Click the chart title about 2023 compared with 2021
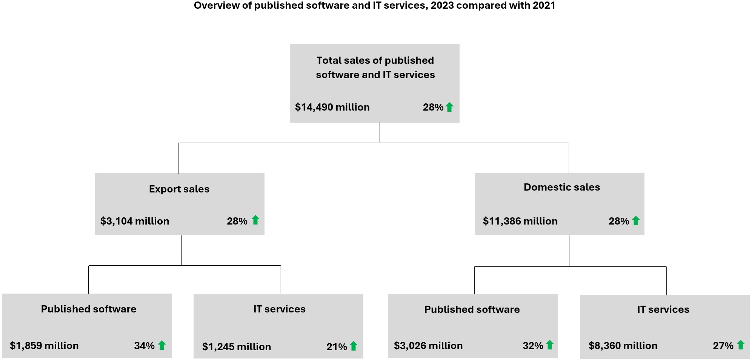[374, 6]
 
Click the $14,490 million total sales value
[332, 107]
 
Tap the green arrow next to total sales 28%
[449, 107]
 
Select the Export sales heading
[179, 189]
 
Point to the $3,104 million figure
[135, 221]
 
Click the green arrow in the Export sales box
[255, 220]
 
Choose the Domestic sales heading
[561, 187]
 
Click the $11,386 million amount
[520, 221]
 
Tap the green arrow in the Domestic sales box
[636, 221]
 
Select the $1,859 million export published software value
[44, 346]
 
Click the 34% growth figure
[144, 346]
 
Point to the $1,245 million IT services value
[237, 347]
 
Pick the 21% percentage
[337, 347]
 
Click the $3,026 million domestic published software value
[428, 346]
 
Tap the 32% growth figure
[533, 346]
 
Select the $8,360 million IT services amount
[623, 346]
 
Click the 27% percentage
[723, 346]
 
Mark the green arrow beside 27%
[741, 345]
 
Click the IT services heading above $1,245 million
[279, 309]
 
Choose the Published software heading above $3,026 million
[472, 309]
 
